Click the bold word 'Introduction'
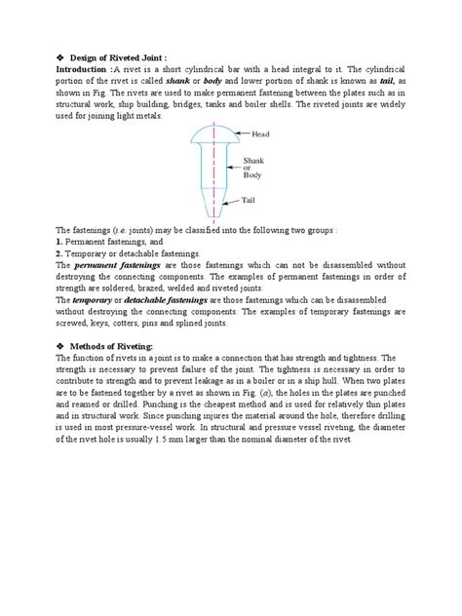pos(82,70)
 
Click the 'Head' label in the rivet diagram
pos(261,134)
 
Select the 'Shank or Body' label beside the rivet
pos(266,167)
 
